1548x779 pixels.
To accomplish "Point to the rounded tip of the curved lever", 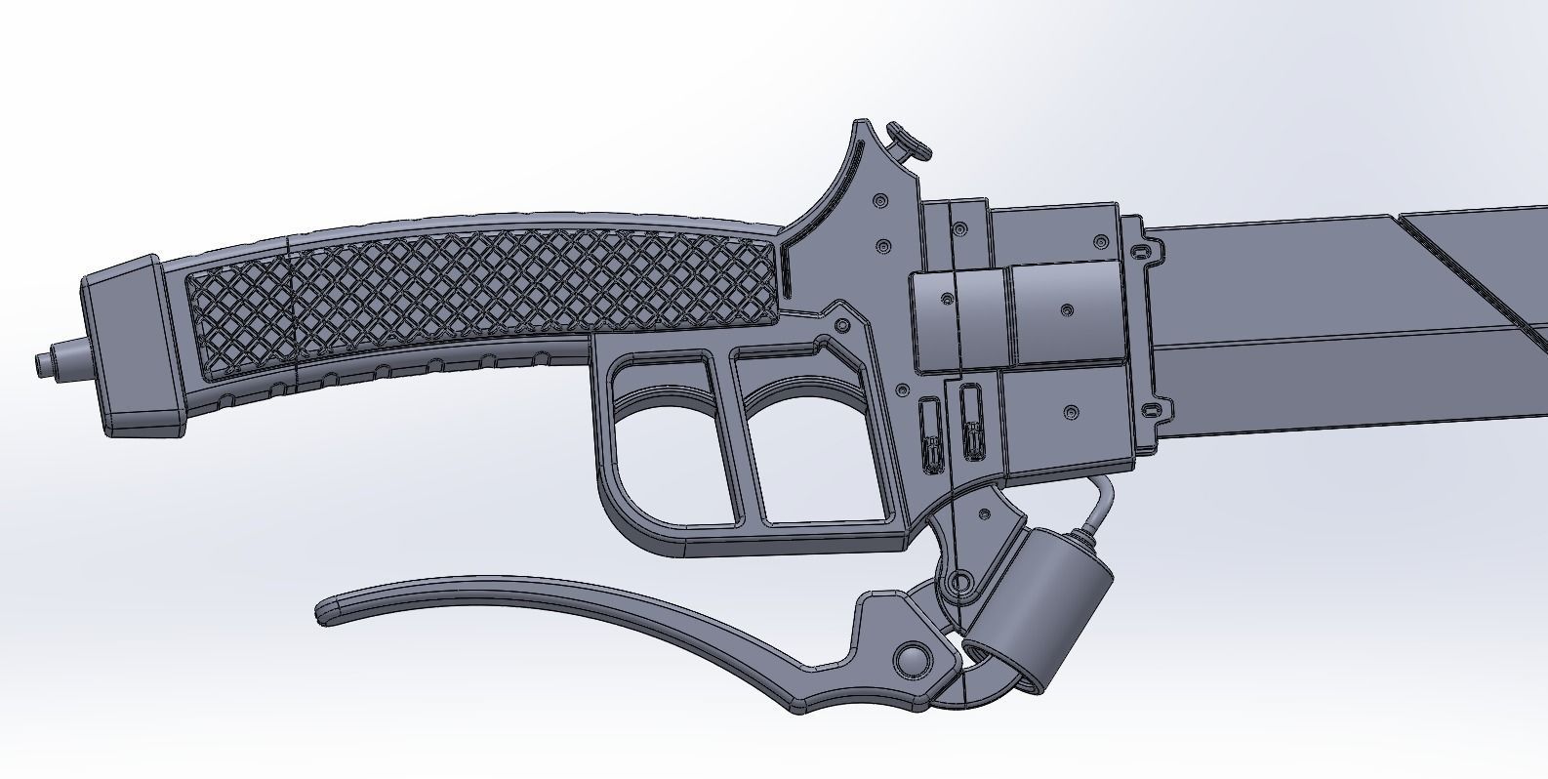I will tap(327, 612).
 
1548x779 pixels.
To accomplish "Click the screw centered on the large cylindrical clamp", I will tap(1066, 310).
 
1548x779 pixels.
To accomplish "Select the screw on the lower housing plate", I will tap(1073, 411).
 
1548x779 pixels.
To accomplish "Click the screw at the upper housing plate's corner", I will tap(1103, 240).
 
